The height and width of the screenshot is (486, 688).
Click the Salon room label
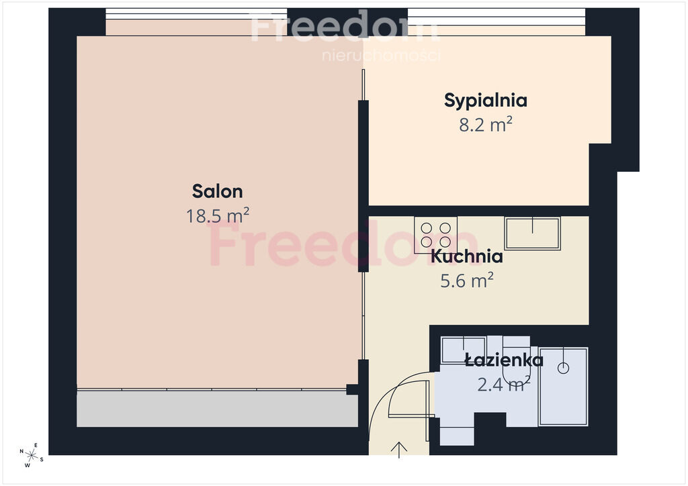coord(217,191)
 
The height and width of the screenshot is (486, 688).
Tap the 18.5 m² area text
coord(218,215)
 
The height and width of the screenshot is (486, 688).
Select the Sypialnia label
coord(485,101)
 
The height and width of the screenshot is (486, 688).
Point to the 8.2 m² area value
coord(486,124)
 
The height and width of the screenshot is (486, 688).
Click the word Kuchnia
coord(466,256)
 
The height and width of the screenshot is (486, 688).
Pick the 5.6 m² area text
coord(467,281)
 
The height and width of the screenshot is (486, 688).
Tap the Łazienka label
coord(504,360)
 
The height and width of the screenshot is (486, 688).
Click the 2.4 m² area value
coord(504,385)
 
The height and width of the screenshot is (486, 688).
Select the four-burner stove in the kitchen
coord(435,235)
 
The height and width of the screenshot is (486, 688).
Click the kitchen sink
coord(532,233)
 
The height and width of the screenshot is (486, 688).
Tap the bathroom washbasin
coord(464,350)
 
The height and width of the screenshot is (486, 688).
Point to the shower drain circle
coord(564,368)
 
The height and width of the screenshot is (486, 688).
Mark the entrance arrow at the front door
coord(399,450)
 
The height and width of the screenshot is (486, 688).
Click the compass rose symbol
coord(32,456)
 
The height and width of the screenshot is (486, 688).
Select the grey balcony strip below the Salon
coord(217,409)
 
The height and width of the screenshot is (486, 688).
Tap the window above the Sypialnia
coord(497,17)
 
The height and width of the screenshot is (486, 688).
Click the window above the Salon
coord(196,14)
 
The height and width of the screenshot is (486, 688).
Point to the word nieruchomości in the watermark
coord(381,56)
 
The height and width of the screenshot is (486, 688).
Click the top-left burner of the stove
coord(426,228)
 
